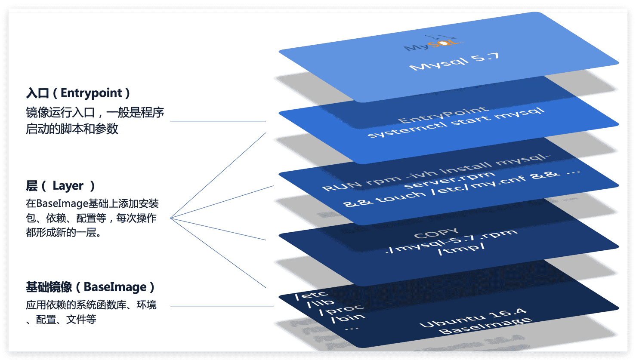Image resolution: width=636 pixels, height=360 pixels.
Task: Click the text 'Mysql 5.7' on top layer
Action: point(454,62)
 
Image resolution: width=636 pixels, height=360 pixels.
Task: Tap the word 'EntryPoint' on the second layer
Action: point(443,114)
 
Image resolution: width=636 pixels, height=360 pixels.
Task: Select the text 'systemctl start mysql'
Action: point(456,123)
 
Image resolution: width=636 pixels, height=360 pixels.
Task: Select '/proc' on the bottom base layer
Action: point(342,309)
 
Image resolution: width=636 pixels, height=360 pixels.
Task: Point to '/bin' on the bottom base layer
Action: point(348,318)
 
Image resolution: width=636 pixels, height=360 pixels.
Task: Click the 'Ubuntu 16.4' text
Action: point(472,317)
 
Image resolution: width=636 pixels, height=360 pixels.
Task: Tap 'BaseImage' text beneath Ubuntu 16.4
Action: point(485,326)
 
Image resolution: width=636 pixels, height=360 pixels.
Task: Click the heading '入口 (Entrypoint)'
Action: point(78,93)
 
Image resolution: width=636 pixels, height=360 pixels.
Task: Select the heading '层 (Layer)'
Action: point(60,186)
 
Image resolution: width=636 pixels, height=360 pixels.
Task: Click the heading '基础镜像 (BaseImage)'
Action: point(90,287)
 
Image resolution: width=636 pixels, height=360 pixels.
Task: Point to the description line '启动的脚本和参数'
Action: point(72,129)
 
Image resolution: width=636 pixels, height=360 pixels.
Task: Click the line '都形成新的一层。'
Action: point(64,233)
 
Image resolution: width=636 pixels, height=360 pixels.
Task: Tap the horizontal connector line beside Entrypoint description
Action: point(218,121)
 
